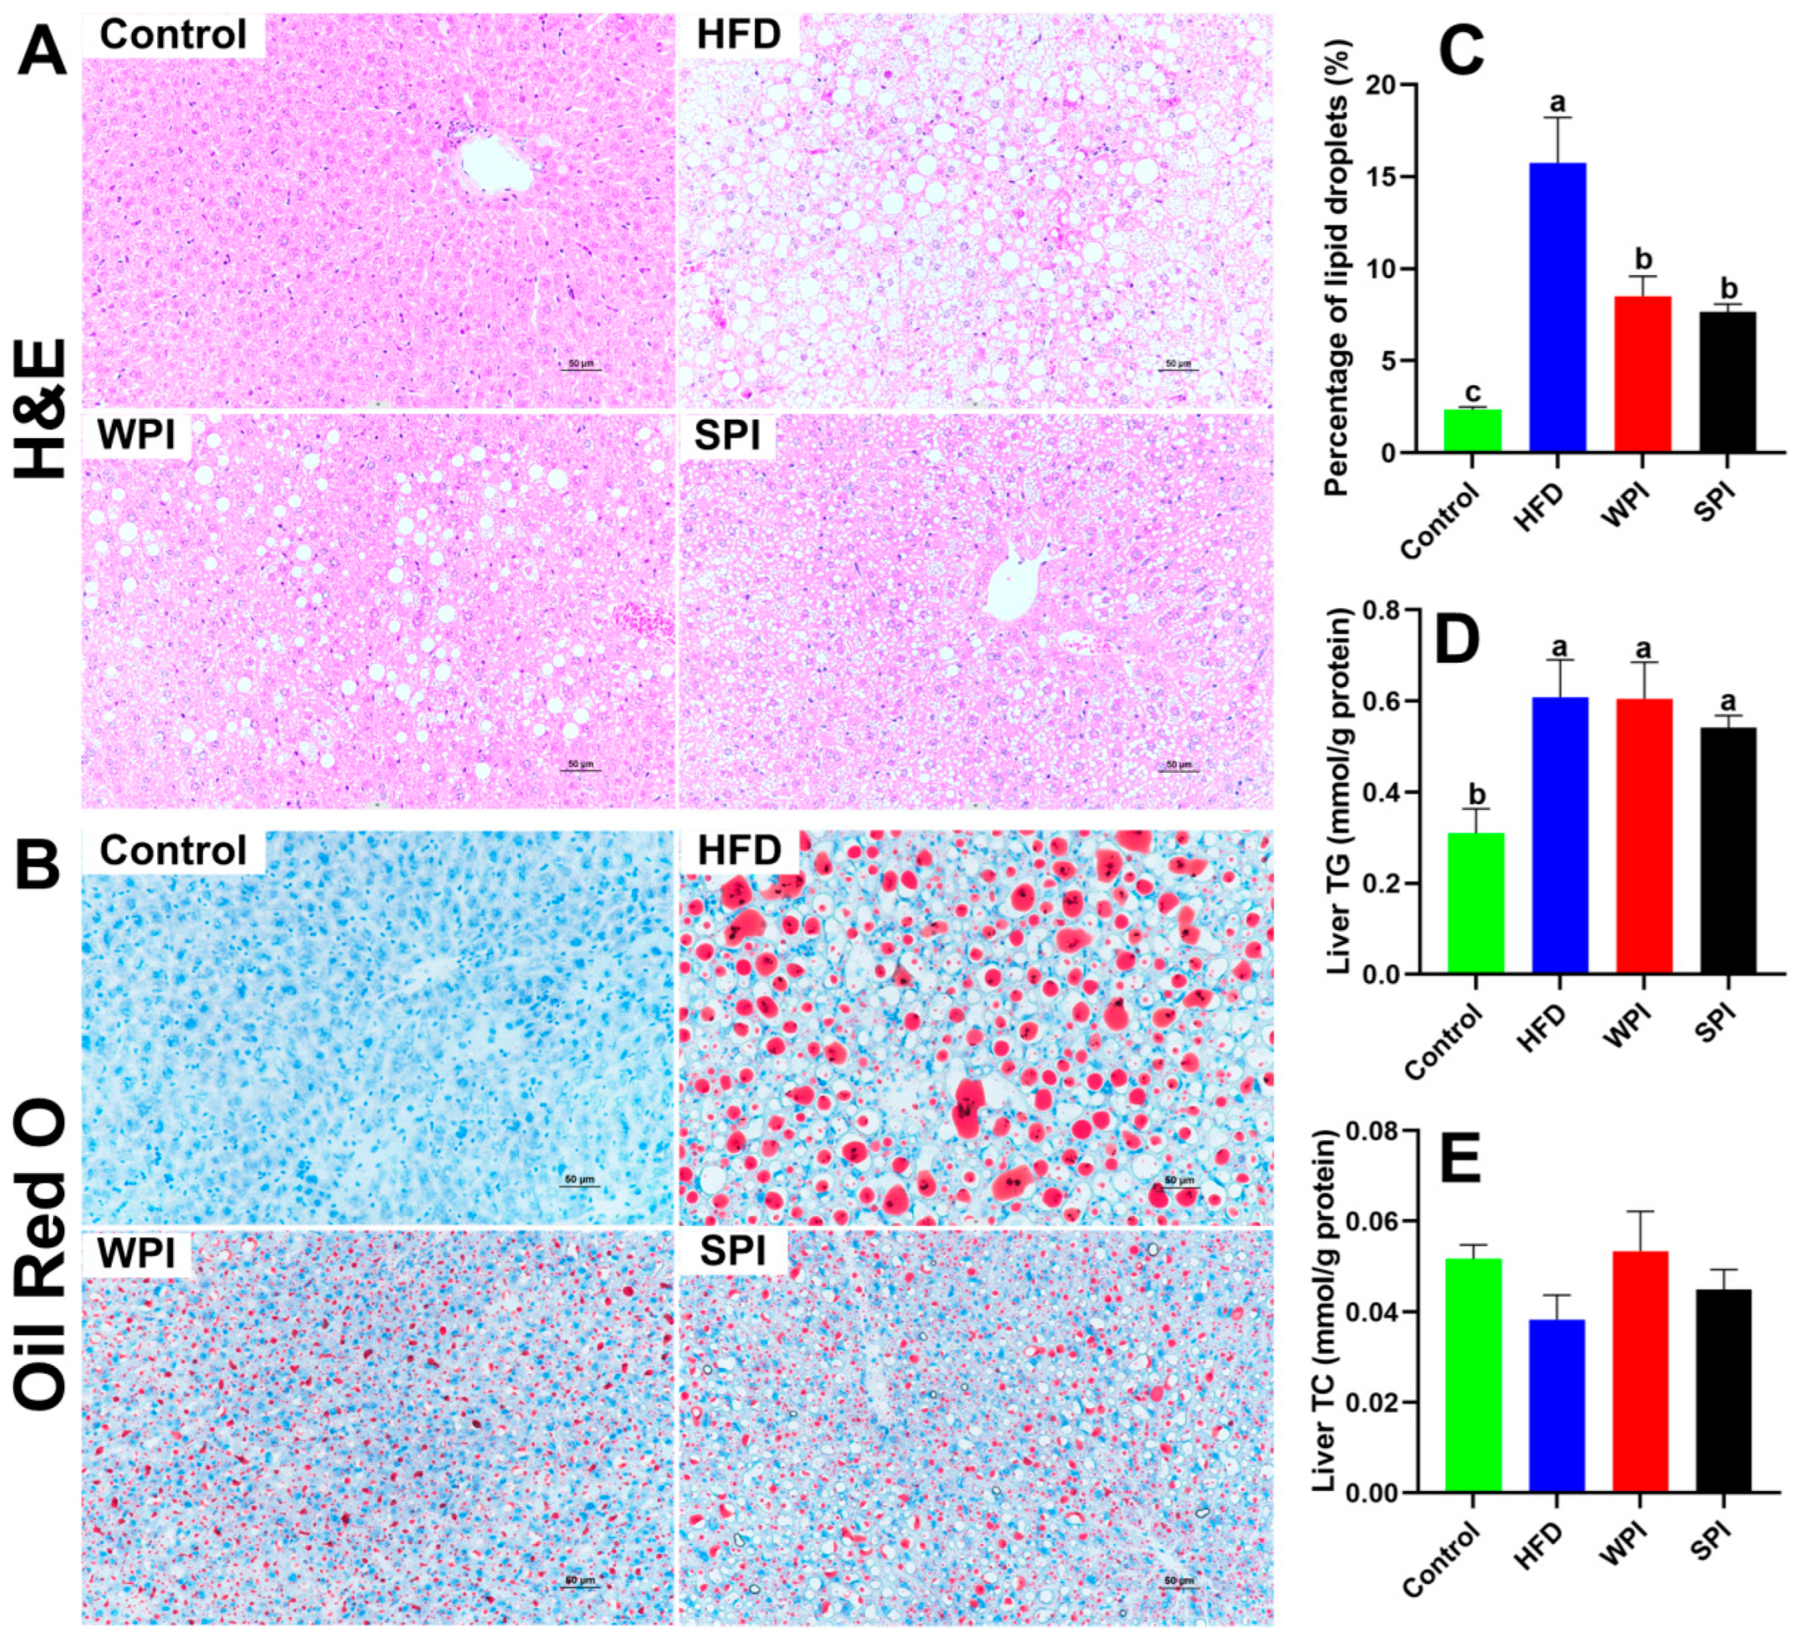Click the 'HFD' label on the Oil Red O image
pos(740,851)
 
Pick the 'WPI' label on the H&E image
pos(135,434)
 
